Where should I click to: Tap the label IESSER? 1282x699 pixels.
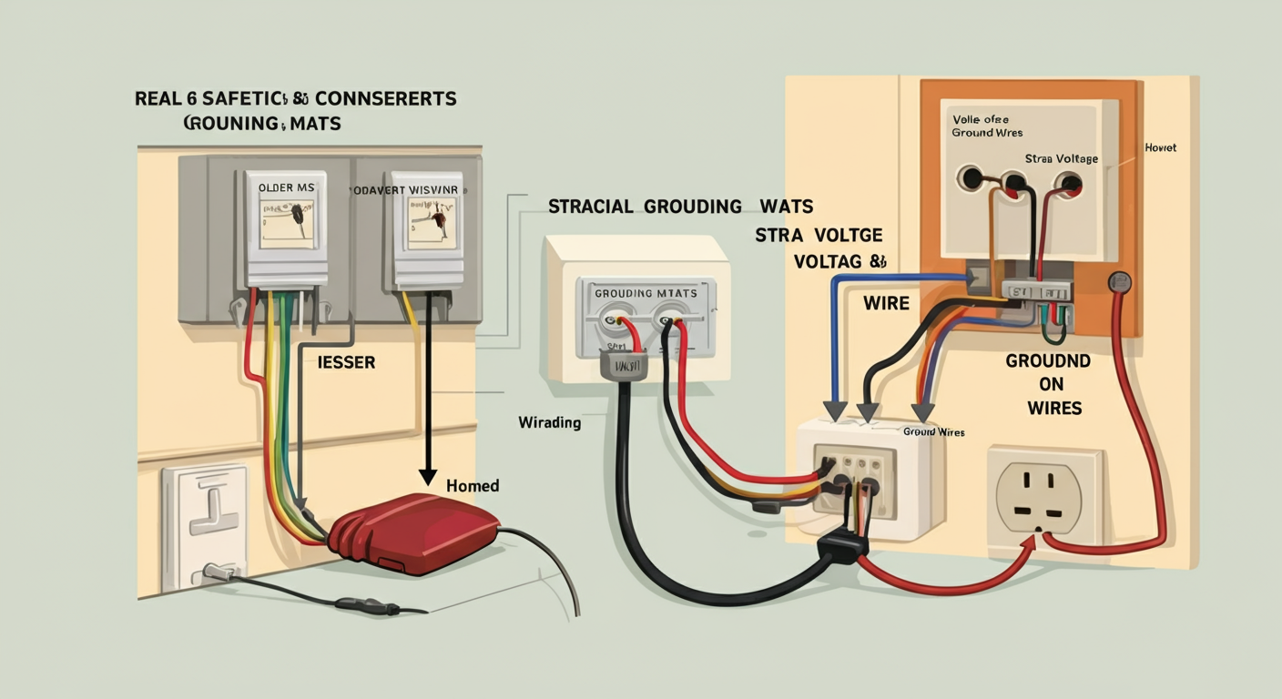[346, 362]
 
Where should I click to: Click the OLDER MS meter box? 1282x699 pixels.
[286, 228]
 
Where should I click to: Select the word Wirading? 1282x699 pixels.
[549, 422]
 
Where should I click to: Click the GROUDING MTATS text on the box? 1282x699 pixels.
[646, 293]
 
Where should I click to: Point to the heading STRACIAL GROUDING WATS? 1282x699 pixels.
[680, 207]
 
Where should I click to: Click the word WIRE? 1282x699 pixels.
[885, 302]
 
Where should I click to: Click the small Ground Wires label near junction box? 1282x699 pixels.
[933, 431]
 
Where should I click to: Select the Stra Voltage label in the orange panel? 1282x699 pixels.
[1061, 158]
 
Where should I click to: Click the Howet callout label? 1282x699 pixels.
[1160, 147]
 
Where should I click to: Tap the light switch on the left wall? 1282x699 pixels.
[205, 523]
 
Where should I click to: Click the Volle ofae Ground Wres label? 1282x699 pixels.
[983, 126]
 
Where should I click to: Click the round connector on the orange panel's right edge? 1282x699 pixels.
[1119, 283]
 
